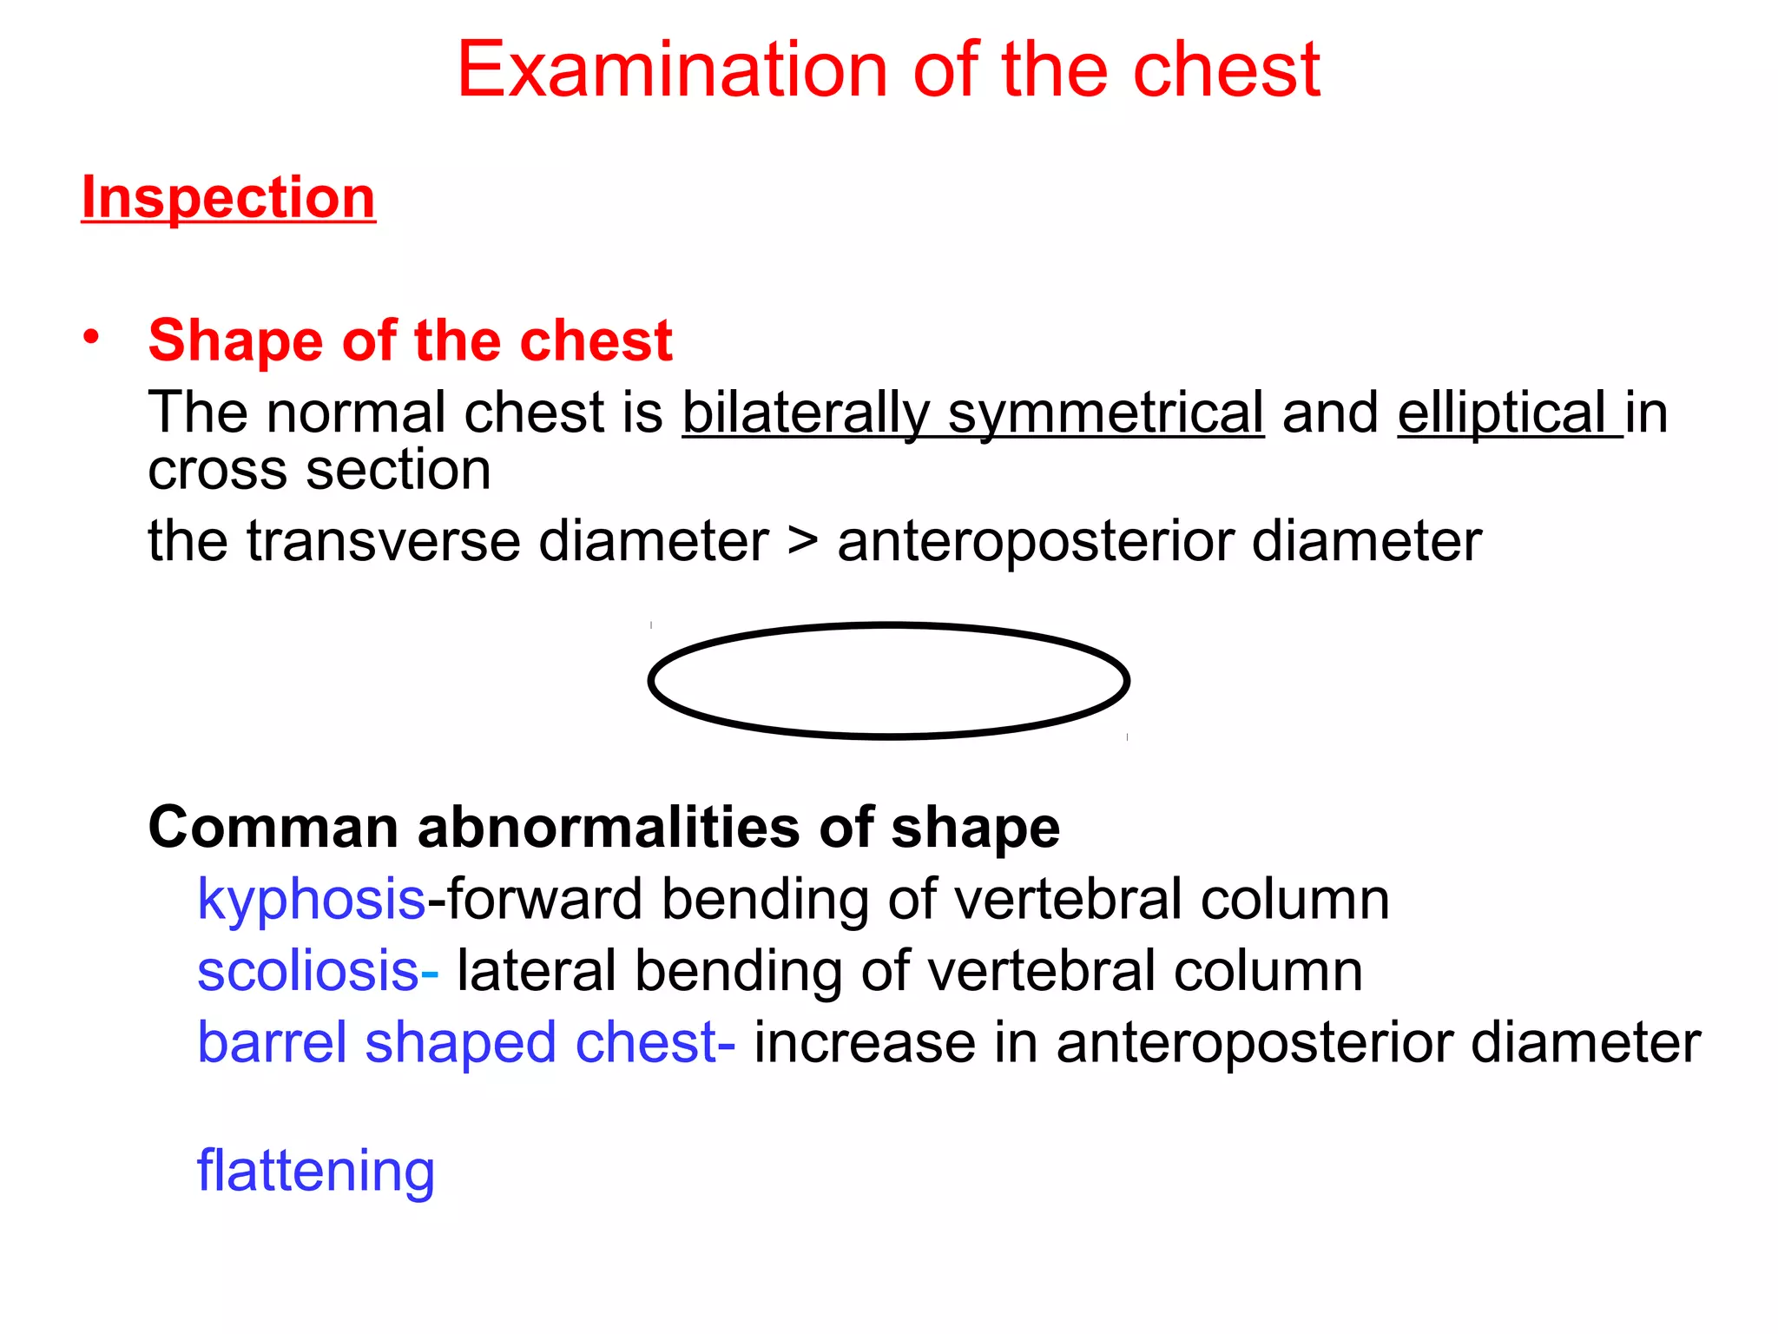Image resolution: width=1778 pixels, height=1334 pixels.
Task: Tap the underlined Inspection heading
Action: pyautogui.click(x=228, y=197)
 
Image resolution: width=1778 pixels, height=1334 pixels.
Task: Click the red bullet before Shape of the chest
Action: pyautogui.click(x=92, y=336)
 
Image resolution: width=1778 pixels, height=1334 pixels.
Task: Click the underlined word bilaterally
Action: pyautogui.click(x=806, y=413)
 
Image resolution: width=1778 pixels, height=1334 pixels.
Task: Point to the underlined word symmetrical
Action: pyautogui.click(x=1105, y=413)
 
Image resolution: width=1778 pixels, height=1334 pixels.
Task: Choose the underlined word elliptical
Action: pyautogui.click(x=1502, y=413)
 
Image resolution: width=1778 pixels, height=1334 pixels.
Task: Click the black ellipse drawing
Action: pyautogui.click(x=888, y=625)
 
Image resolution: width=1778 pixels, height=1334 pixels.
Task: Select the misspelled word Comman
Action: pyautogui.click(x=273, y=827)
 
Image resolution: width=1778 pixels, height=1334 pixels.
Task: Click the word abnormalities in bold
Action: pyautogui.click(x=609, y=827)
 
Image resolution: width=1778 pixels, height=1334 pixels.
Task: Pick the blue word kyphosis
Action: pyautogui.click(x=311, y=900)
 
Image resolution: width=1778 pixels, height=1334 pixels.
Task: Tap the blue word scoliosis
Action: pyautogui.click(x=308, y=971)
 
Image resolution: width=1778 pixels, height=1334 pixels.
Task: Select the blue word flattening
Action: pyautogui.click(x=316, y=1172)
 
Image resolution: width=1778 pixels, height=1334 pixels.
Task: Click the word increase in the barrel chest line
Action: pyautogui.click(x=864, y=1042)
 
